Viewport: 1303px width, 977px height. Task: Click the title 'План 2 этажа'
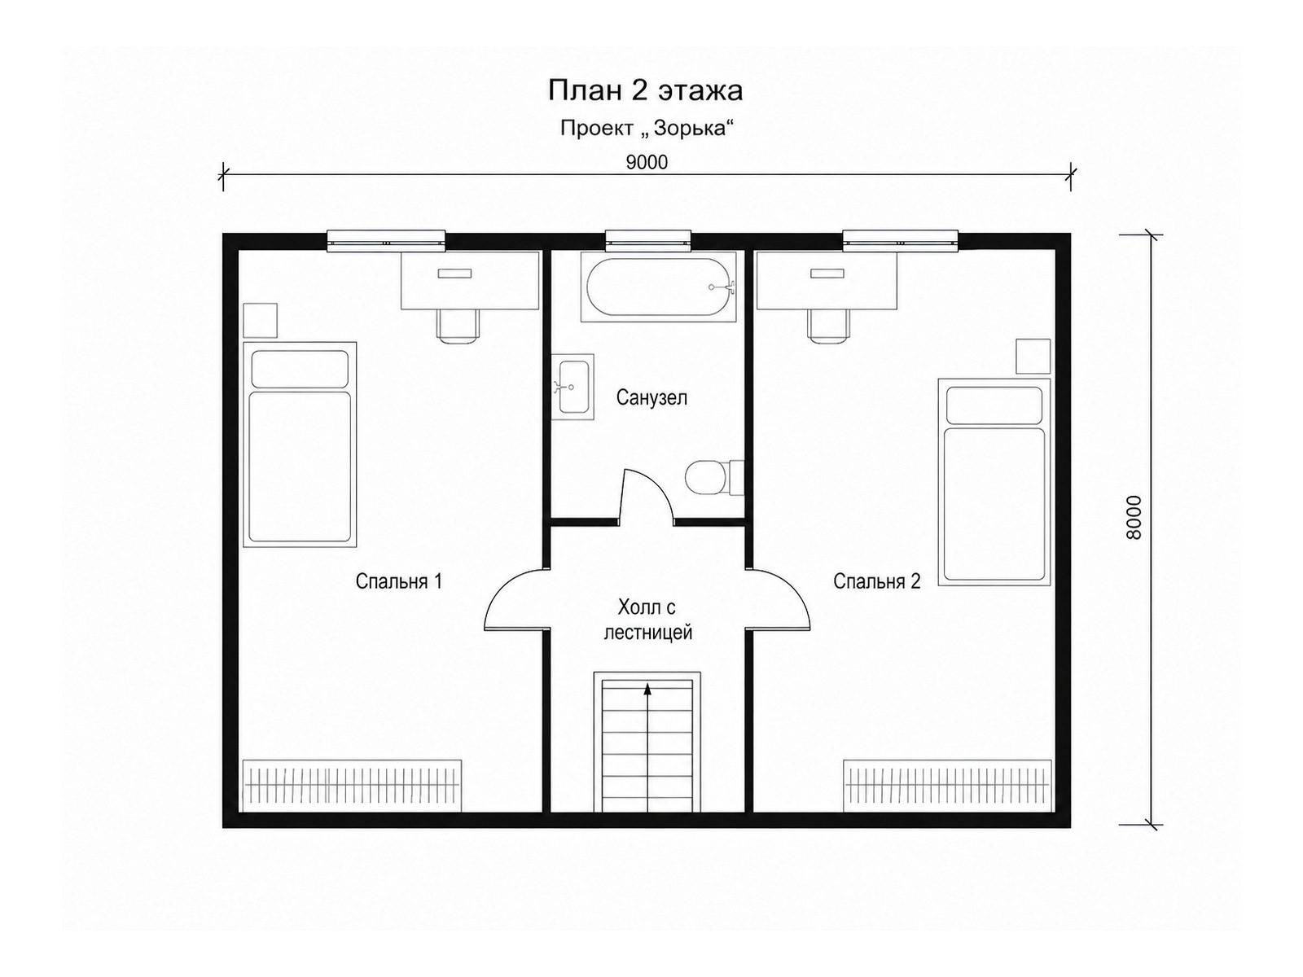click(x=645, y=91)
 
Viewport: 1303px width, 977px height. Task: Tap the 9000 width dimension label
click(x=647, y=162)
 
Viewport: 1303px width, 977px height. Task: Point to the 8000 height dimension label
click(x=1134, y=517)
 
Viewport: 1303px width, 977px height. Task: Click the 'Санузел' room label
click(x=651, y=397)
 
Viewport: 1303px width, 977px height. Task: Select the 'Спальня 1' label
click(x=399, y=581)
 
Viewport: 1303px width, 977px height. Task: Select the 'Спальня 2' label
click(x=877, y=581)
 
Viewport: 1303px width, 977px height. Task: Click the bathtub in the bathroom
click(x=658, y=287)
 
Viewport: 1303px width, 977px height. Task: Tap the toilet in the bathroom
click(x=714, y=477)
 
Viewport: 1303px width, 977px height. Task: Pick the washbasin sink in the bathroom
click(x=573, y=387)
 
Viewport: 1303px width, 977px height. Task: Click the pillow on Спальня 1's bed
click(x=300, y=368)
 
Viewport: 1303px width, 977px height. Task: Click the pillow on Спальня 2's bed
click(x=994, y=405)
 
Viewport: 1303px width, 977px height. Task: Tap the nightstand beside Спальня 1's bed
click(x=261, y=320)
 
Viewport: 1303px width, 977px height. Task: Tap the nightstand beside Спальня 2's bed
click(x=1033, y=357)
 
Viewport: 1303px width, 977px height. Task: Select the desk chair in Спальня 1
click(x=458, y=326)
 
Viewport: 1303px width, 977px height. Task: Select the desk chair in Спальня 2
click(x=829, y=326)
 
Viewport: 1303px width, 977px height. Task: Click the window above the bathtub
click(x=648, y=240)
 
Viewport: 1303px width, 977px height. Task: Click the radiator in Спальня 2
click(x=947, y=785)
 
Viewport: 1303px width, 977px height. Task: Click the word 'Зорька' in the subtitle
click(x=691, y=128)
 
